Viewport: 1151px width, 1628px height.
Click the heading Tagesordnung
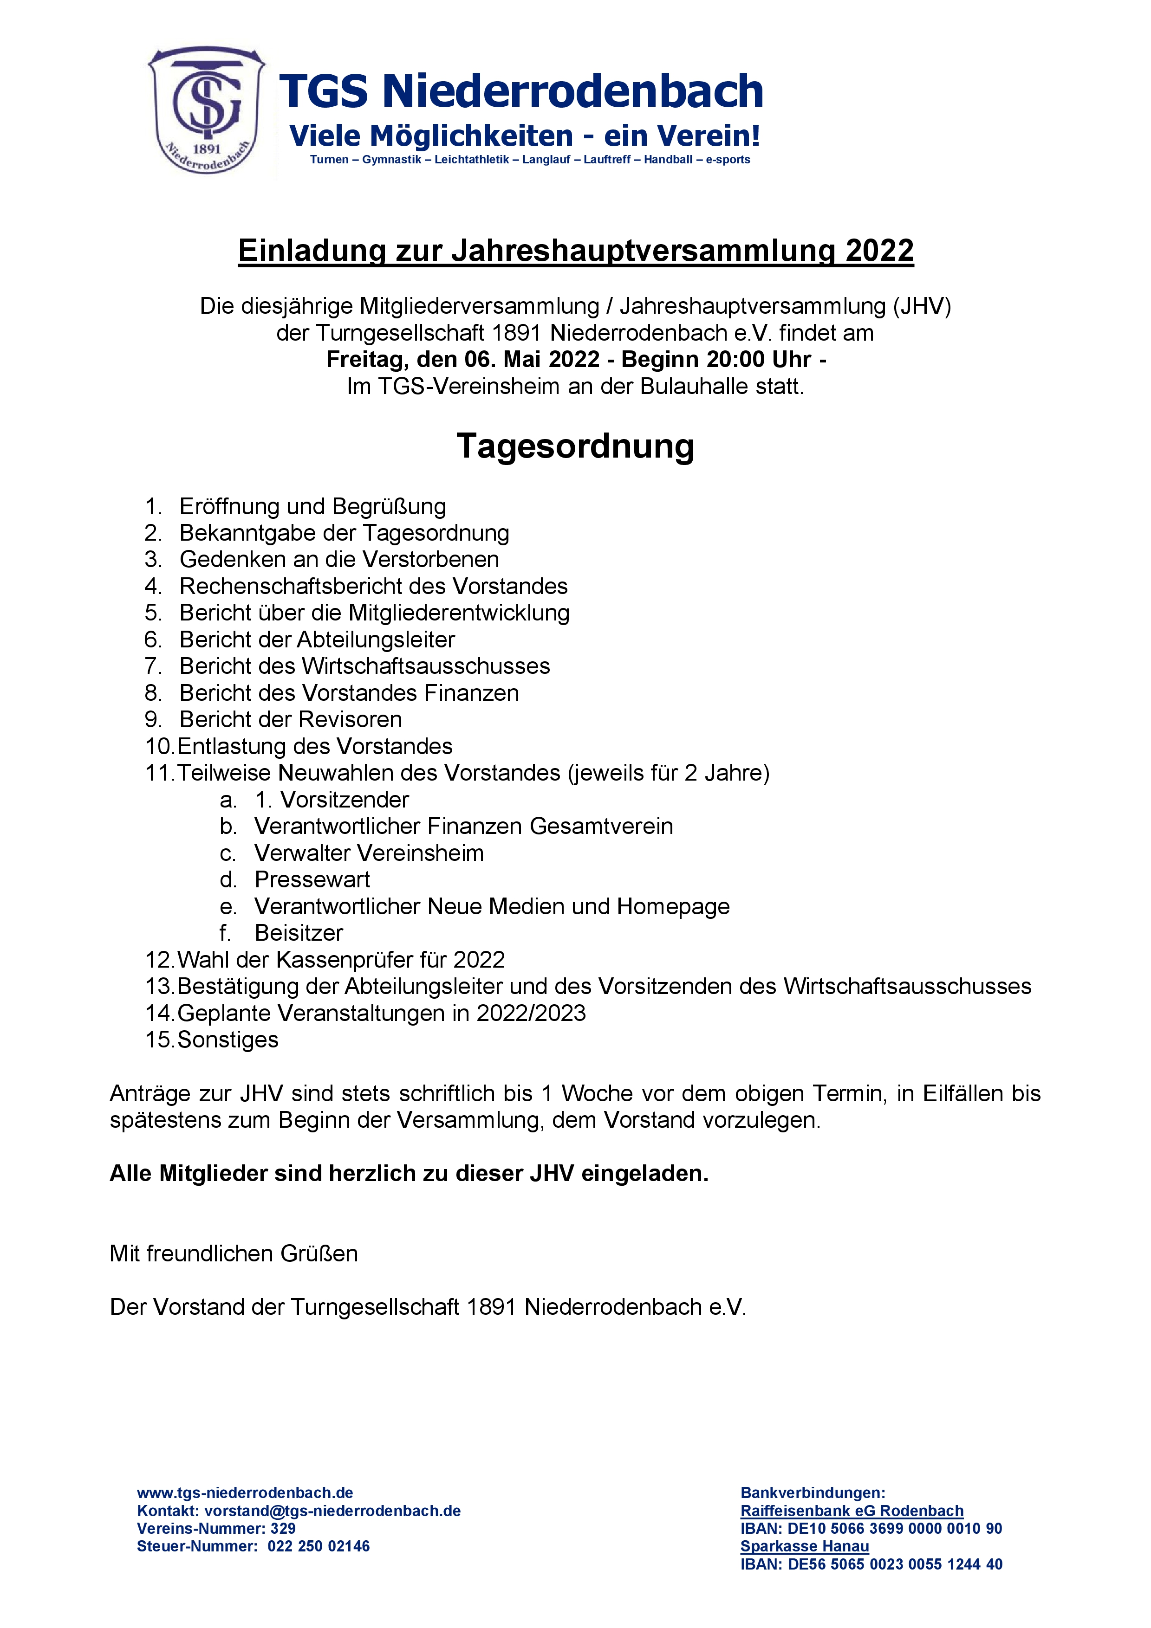pyautogui.click(x=575, y=446)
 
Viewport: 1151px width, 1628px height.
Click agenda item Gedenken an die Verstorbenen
pyautogui.click(x=339, y=559)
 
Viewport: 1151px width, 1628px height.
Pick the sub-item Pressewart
pyautogui.click(x=312, y=880)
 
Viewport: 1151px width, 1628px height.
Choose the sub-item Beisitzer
pyautogui.click(x=299, y=933)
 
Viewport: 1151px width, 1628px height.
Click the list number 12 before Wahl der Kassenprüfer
pyautogui.click(x=159, y=960)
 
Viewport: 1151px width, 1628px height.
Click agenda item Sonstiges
pyautogui.click(x=228, y=1040)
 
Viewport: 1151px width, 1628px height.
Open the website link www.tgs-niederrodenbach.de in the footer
pyautogui.click(x=245, y=1493)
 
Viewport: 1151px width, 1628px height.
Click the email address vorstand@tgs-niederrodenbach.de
pyautogui.click(x=332, y=1511)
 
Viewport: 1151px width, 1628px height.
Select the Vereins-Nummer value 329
pyautogui.click(x=283, y=1529)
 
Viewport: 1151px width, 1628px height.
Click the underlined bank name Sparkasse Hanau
pyautogui.click(x=804, y=1546)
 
